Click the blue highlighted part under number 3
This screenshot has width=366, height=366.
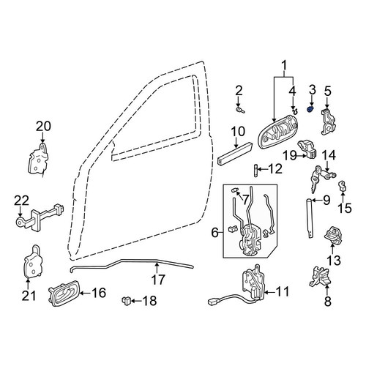coord(310,110)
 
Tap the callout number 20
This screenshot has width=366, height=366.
coord(43,127)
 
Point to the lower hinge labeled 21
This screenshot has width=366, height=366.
coord(32,261)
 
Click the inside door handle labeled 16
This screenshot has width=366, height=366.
coord(64,293)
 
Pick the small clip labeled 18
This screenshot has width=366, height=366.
coord(126,300)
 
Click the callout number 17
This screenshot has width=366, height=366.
coord(158,280)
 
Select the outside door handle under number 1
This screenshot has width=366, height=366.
coord(276,131)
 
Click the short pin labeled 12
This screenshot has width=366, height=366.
coord(255,171)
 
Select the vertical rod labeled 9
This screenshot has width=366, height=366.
coord(310,218)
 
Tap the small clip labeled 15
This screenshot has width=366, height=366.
coord(342,187)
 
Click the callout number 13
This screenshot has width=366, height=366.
coord(334,261)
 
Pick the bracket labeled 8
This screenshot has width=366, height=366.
coord(321,276)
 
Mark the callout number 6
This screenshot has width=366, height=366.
coord(214,233)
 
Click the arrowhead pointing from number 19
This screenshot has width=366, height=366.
coord(305,155)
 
